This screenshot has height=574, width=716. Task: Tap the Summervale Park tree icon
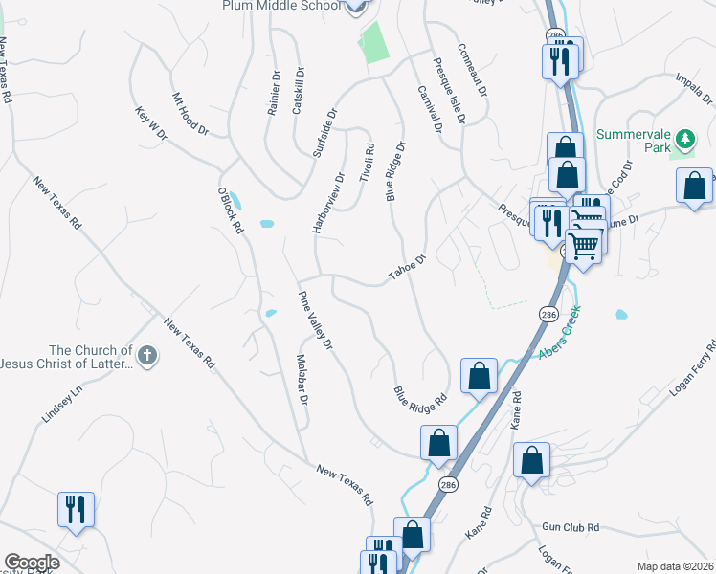[684, 141]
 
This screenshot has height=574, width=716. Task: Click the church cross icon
[146, 357]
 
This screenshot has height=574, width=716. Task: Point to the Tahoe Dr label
[406, 267]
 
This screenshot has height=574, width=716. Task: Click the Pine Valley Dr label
[315, 319]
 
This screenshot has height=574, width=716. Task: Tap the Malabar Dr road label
[301, 381]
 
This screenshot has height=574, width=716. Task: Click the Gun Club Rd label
[570, 527]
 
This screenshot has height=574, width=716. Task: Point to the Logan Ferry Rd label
[681, 364]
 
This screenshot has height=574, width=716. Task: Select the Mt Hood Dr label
[190, 113]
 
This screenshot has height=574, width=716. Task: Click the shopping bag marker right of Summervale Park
[694, 187]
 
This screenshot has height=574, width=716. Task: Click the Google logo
[32, 563]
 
